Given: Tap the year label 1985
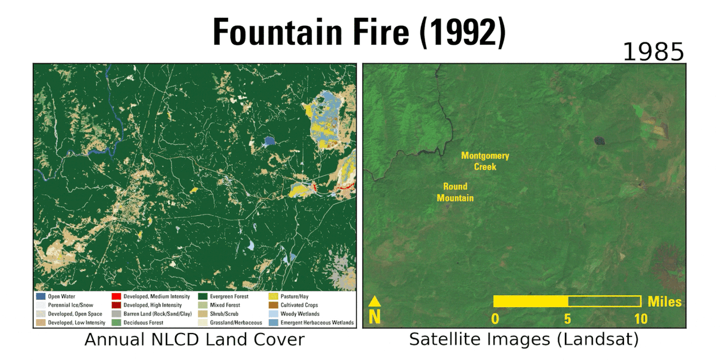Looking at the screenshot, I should tap(653, 53).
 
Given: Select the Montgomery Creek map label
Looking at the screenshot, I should tap(485, 161).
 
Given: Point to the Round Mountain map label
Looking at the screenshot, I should tap(455, 192).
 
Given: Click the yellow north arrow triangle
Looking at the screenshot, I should tap(375, 302).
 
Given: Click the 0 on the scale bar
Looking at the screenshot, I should tap(495, 319).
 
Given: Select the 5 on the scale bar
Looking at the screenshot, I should tap(567, 319).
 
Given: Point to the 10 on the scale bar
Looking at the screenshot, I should tap(640, 319).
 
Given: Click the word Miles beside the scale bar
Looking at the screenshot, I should tap(664, 302).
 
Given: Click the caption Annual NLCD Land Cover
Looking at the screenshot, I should tap(195, 340).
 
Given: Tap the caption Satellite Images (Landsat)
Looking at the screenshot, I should tap(524, 340).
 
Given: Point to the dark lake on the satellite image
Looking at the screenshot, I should tap(599, 141).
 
